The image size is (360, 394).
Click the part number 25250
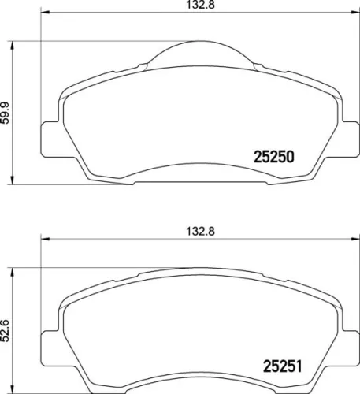273,156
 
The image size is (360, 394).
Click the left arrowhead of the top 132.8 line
44,13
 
